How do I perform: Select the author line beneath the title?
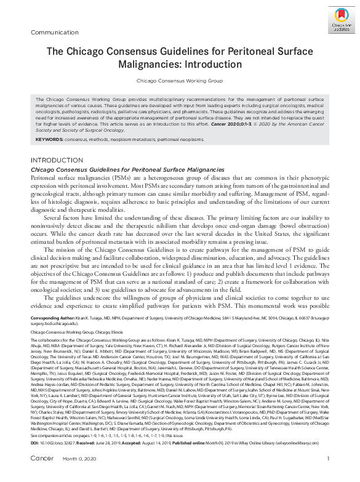point(180,81)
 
